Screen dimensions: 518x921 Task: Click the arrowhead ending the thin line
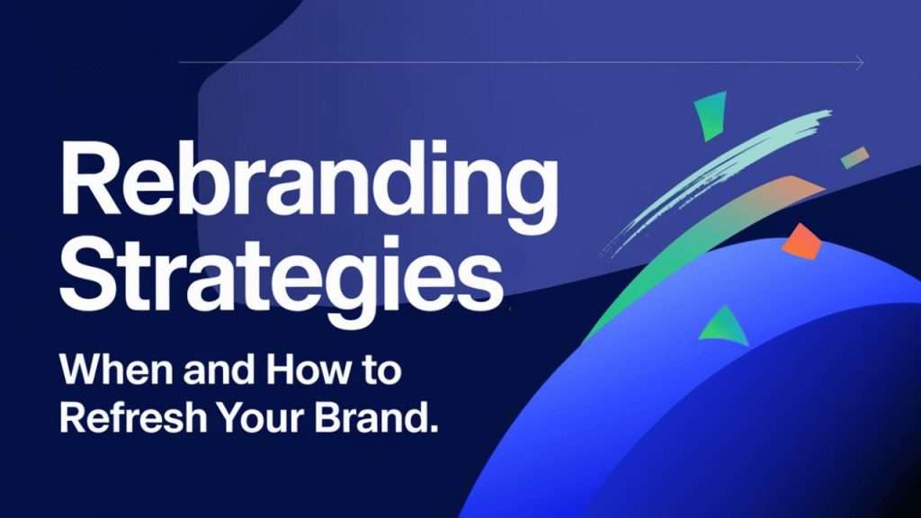pyautogui.click(x=860, y=63)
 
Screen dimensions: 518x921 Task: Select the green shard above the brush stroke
pyautogui.click(x=710, y=116)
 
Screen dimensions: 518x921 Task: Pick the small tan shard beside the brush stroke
pyautogui.click(x=855, y=156)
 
